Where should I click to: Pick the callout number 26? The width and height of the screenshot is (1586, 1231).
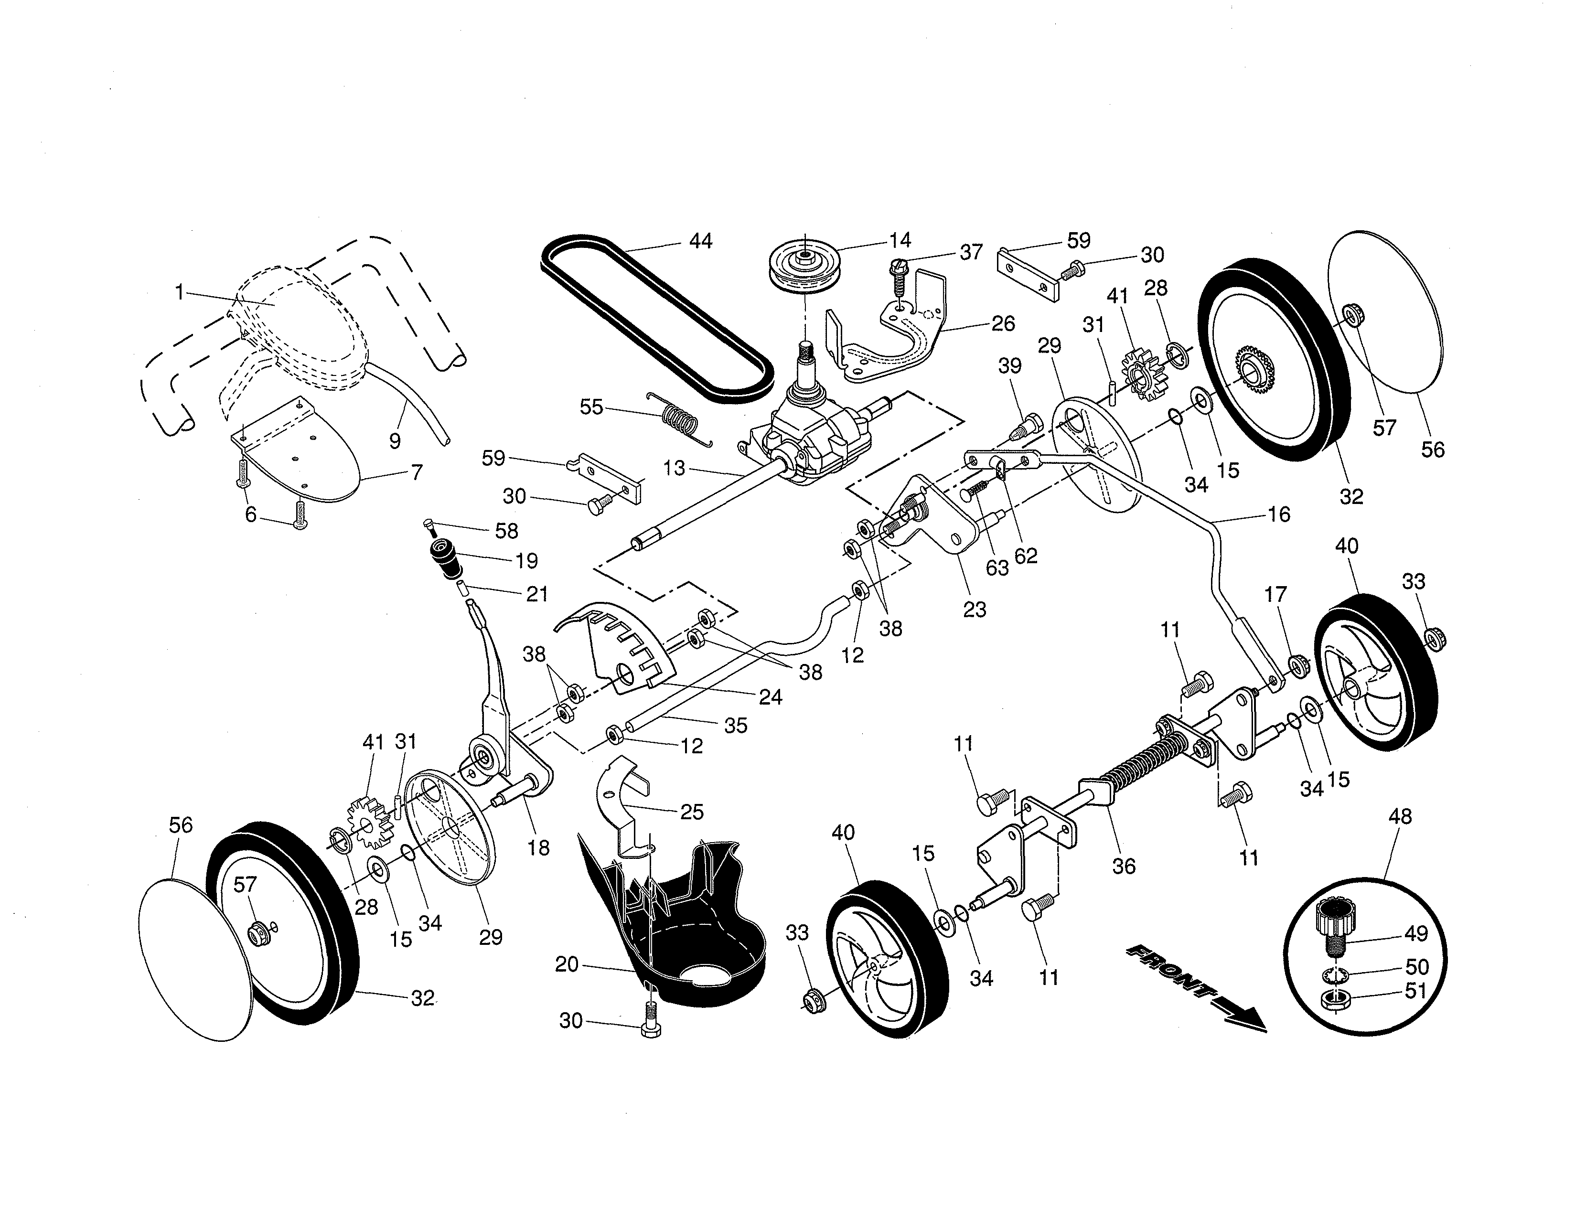[1002, 323]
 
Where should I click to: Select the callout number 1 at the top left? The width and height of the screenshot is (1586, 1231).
[179, 292]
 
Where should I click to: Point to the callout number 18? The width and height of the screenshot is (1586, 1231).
[538, 847]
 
